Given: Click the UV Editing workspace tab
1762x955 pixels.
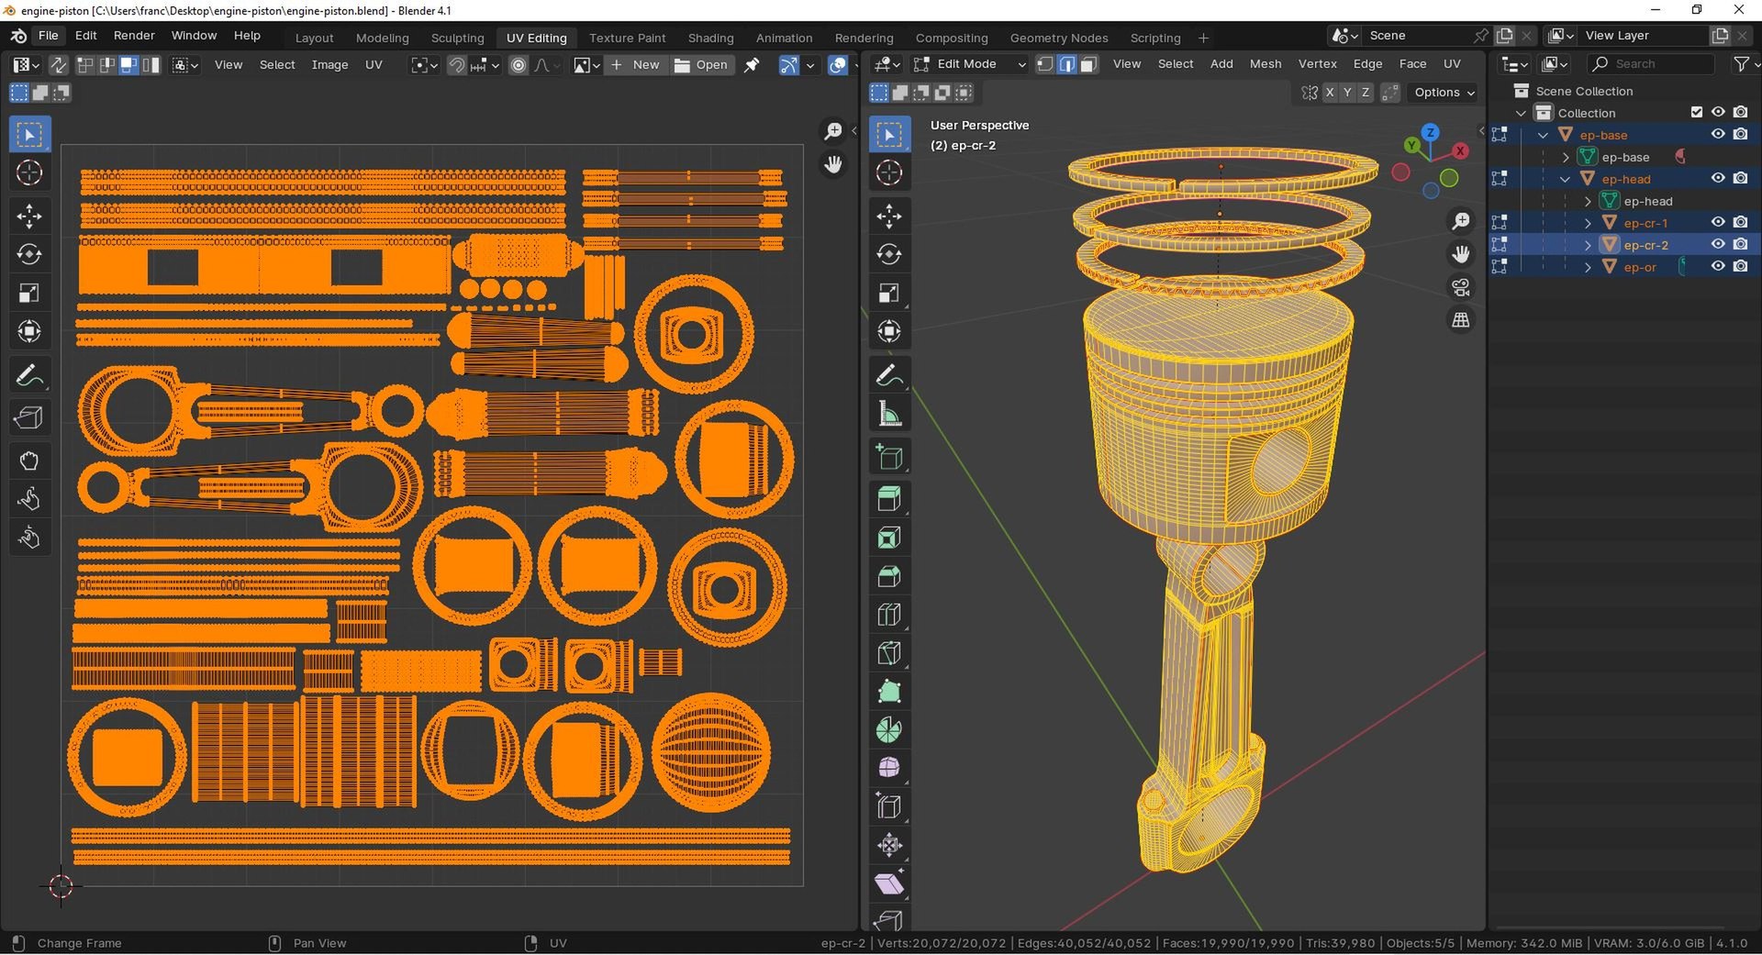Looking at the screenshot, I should (536, 38).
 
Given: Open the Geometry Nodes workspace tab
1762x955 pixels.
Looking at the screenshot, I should (1058, 38).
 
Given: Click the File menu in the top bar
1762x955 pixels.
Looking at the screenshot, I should (48, 35).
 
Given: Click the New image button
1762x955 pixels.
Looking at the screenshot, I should (635, 64).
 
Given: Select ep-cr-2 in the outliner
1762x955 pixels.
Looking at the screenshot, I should (1645, 245).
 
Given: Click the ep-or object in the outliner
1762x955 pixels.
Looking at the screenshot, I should (1639, 267).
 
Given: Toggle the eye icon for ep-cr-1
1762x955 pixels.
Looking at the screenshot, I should (1718, 222).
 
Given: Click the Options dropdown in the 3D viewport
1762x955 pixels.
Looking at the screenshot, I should (1444, 93).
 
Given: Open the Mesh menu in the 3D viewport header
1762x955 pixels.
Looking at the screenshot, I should (1265, 64).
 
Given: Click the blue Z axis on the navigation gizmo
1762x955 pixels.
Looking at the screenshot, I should (1430, 133).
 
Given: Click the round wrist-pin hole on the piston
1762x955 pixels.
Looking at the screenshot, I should (1280, 459).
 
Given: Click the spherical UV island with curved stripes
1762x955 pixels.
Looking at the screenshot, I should (711, 752).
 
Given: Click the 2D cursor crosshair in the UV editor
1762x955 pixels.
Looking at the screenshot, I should (61, 886).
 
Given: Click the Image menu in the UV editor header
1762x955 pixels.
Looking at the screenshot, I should (329, 65).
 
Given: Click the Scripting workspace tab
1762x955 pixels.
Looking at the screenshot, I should (1154, 38).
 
